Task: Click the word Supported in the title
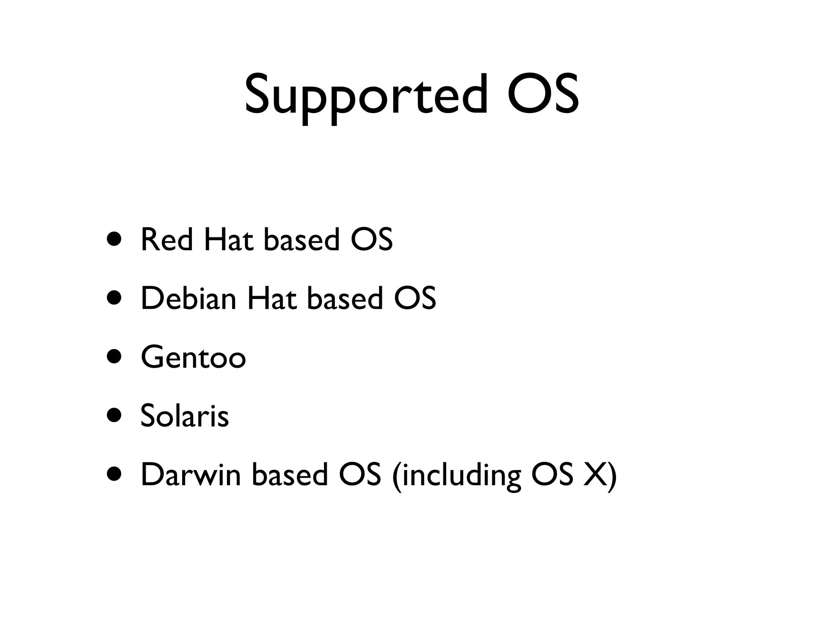pyautogui.click(x=366, y=95)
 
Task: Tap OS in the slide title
pyautogui.click(x=543, y=95)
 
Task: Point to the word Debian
pyautogui.click(x=188, y=298)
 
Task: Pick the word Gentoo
pyautogui.click(x=193, y=357)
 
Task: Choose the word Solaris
pyautogui.click(x=185, y=416)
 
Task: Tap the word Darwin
pyautogui.click(x=191, y=475)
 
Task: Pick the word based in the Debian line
pyautogui.click(x=345, y=298)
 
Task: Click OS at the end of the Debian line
pyautogui.click(x=415, y=298)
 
